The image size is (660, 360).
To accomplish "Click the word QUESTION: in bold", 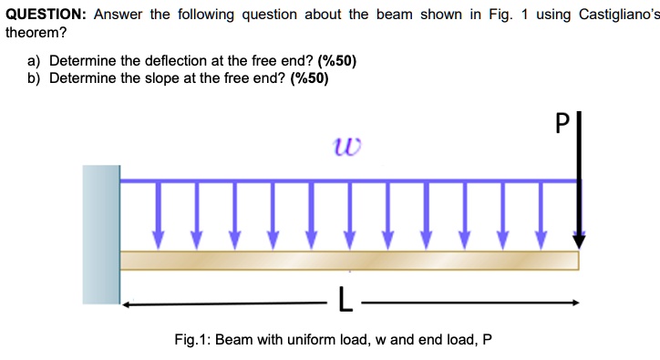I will (45, 15).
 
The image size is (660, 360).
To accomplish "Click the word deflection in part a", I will (179, 61).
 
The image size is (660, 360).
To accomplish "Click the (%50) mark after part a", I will (336, 61).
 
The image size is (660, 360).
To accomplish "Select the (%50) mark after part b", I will (309, 77).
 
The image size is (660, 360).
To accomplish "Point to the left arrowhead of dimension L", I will (129, 303).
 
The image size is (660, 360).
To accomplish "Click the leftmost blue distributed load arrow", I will (159, 214).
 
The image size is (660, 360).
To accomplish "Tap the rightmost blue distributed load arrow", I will (541, 214).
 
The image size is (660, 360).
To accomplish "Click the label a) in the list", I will (35, 61).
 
